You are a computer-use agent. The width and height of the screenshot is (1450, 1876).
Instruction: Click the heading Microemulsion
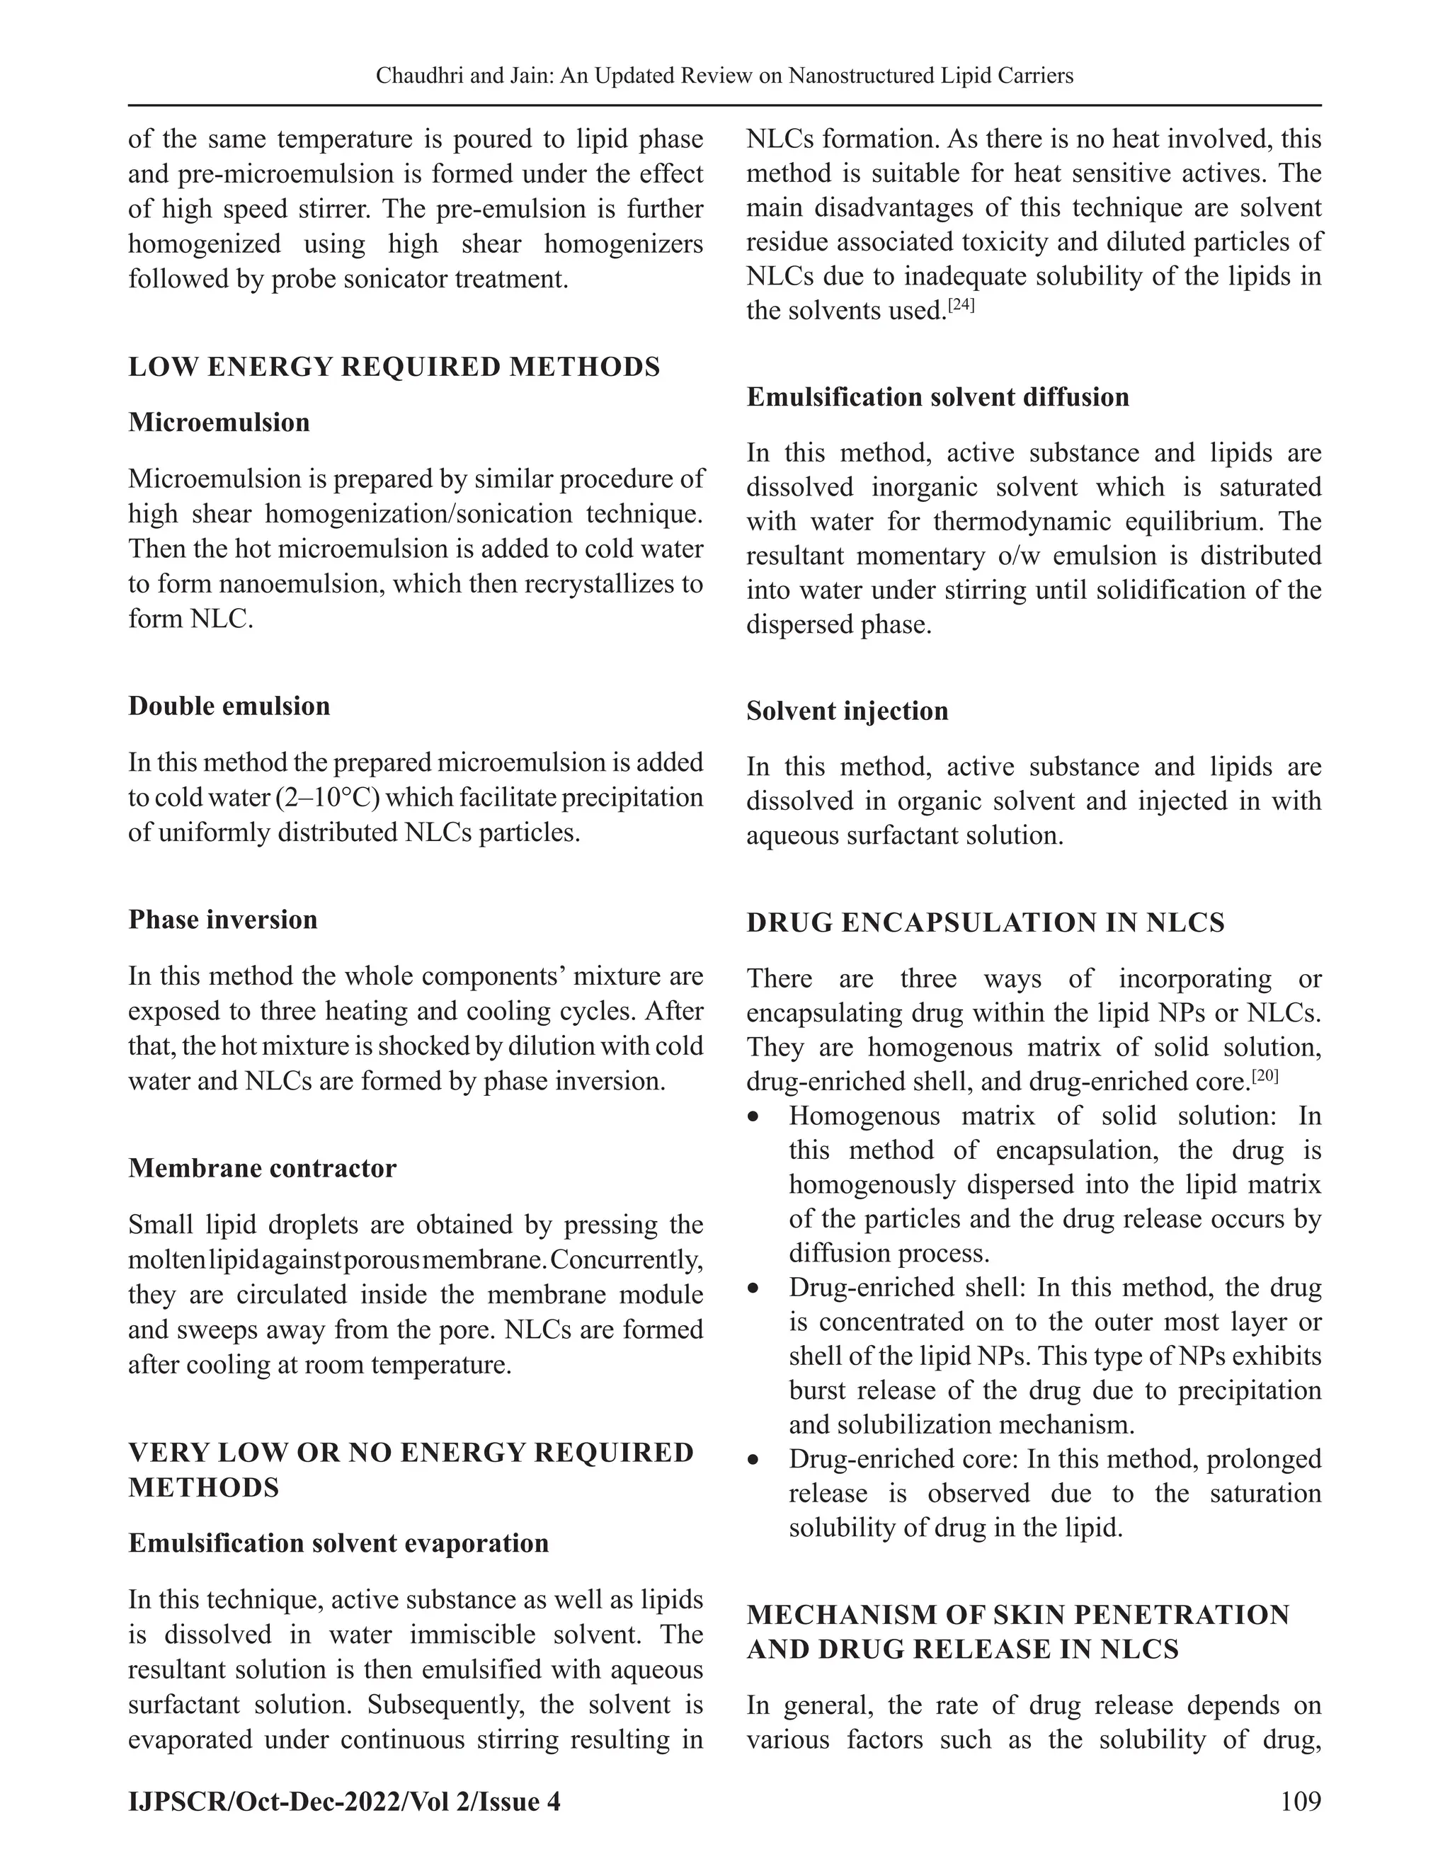click(x=219, y=423)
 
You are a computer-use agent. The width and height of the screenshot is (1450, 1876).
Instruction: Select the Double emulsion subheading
click(x=229, y=706)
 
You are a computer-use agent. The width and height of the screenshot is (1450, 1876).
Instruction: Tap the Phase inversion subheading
click(x=222, y=920)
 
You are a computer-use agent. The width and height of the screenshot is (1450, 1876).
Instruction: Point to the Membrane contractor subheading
click(x=262, y=1168)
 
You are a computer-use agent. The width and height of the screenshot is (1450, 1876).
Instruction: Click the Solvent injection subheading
click(x=847, y=711)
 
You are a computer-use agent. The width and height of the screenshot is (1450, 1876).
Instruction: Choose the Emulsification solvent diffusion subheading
click(x=937, y=397)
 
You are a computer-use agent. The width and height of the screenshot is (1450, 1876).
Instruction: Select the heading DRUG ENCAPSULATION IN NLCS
click(x=986, y=922)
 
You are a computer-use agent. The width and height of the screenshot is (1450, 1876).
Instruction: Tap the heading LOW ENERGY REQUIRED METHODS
click(x=394, y=367)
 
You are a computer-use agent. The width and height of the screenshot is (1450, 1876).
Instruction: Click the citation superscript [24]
click(x=960, y=303)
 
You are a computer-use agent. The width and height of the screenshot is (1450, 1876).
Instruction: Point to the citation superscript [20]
click(x=1265, y=1075)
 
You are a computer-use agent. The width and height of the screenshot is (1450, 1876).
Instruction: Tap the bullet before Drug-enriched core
click(x=753, y=1460)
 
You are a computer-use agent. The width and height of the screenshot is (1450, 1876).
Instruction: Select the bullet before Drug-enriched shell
click(x=753, y=1288)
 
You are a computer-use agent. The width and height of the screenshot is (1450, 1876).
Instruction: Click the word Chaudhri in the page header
click(x=415, y=76)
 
